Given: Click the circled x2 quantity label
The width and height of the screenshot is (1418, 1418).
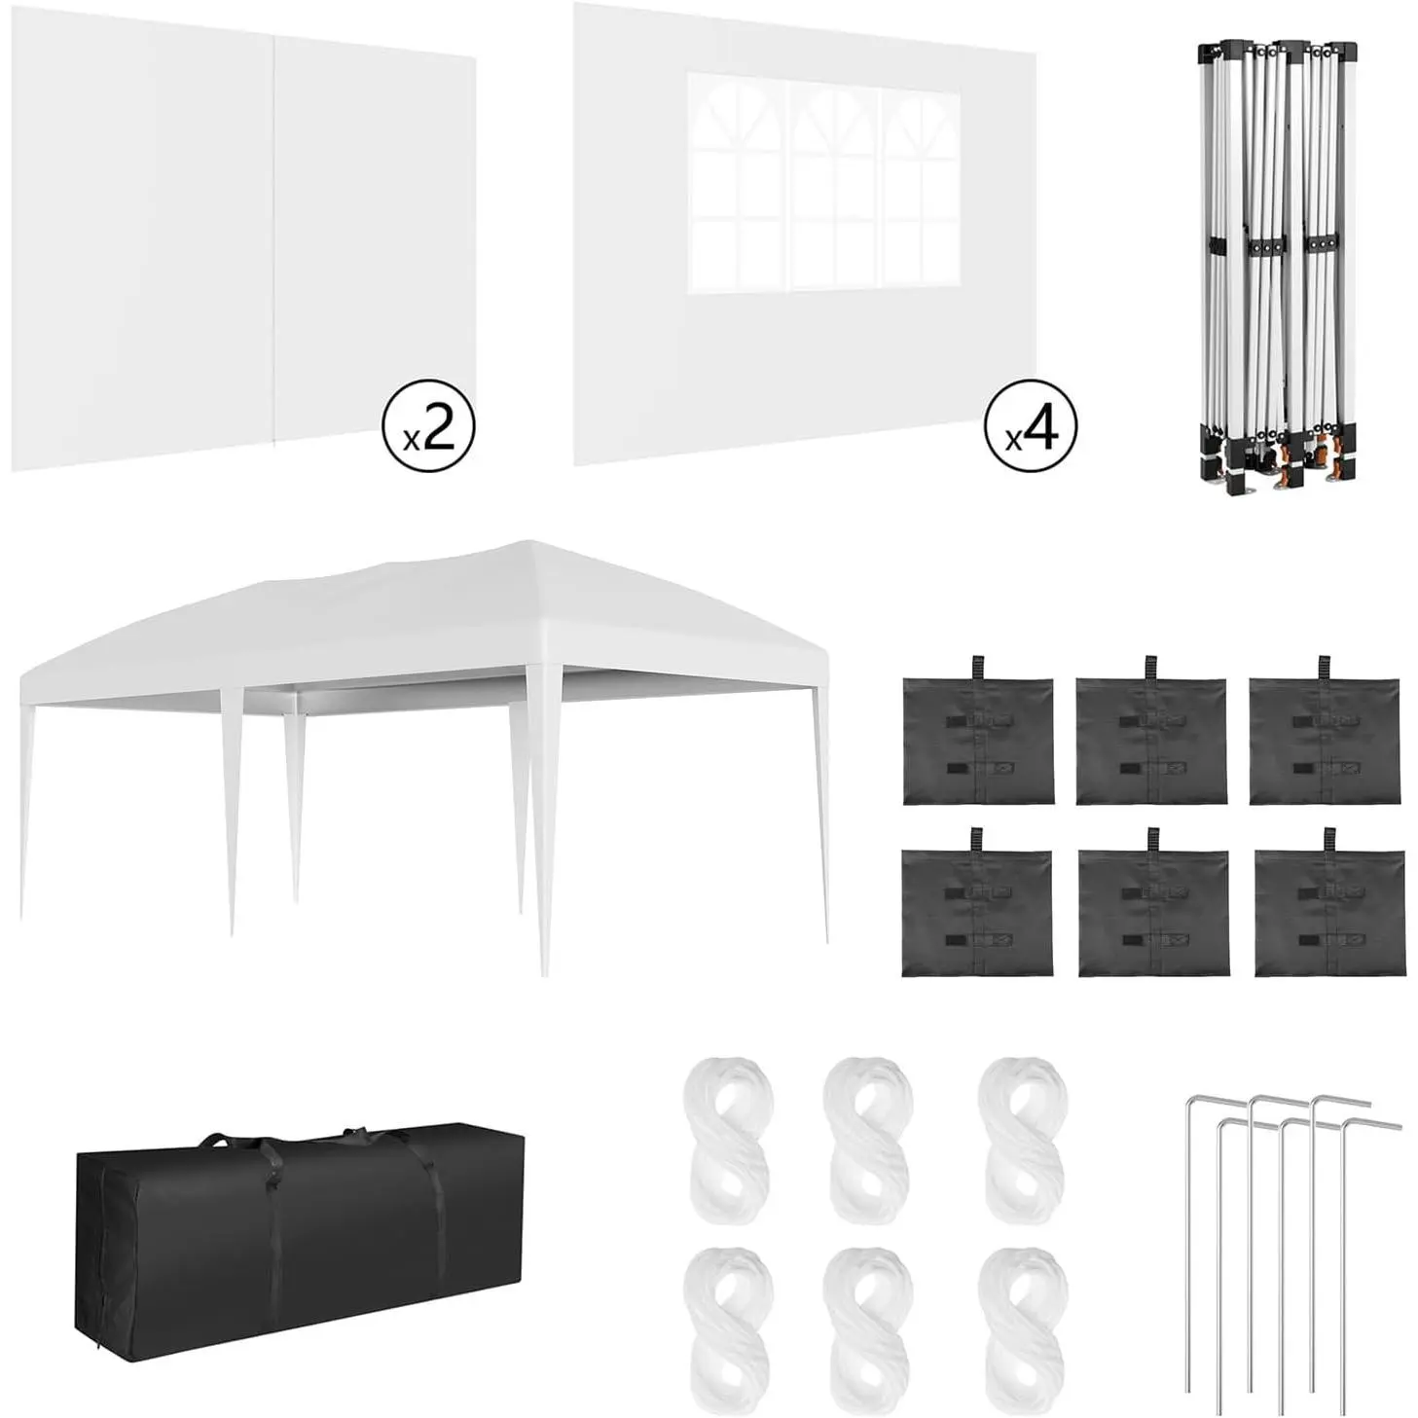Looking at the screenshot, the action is pos(428,425).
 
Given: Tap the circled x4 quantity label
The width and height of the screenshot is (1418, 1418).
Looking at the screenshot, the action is pos(1031,425).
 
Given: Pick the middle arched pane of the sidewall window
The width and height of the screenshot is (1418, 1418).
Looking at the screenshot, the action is pos(834,183).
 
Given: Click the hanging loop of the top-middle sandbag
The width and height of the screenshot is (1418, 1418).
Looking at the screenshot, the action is pos(1149,669).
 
